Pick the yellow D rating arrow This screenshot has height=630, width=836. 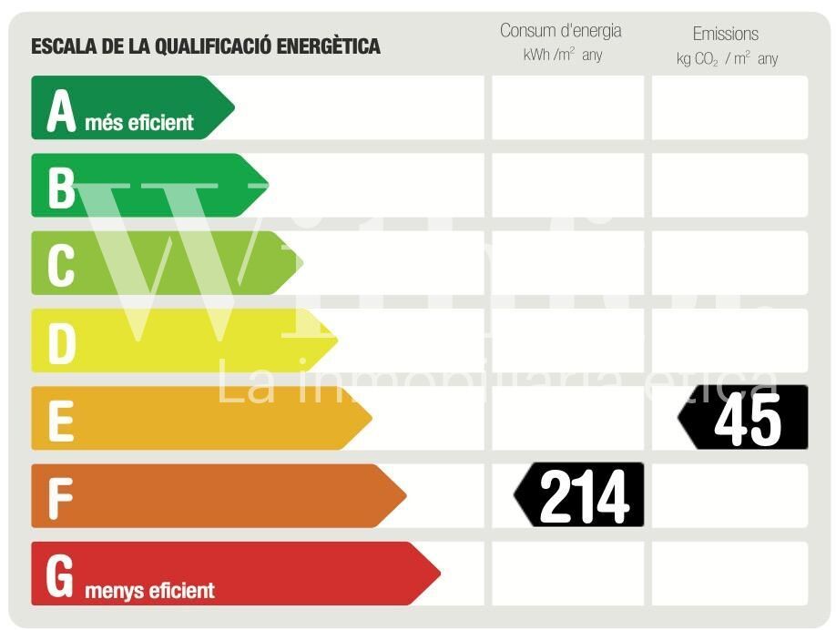(x=182, y=340)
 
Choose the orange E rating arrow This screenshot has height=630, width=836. (x=200, y=418)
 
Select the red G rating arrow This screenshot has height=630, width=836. (x=235, y=574)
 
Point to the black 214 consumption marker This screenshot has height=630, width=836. (x=580, y=495)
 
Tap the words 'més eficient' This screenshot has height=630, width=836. (x=139, y=122)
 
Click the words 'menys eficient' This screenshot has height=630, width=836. (x=149, y=591)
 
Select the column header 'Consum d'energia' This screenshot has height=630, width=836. (x=560, y=31)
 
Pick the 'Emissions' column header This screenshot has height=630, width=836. (x=725, y=34)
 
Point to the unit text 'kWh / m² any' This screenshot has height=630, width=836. (x=562, y=56)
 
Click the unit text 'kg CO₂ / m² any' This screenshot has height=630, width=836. (x=727, y=59)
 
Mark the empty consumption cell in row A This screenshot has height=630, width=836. (x=567, y=107)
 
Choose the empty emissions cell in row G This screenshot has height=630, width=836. (x=729, y=574)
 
